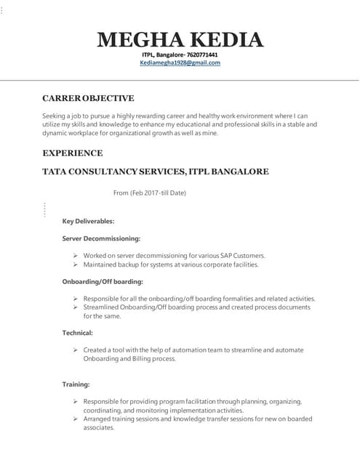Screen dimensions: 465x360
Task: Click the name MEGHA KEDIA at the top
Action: point(180,39)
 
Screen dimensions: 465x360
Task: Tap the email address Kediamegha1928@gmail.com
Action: point(180,63)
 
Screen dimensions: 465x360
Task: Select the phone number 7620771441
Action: point(202,54)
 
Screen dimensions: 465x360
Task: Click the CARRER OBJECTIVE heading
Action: point(88,98)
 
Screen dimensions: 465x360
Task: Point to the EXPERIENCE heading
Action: point(72,153)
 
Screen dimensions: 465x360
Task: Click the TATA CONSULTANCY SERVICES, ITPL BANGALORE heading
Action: point(155,172)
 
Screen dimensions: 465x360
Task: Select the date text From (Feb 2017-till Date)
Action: point(150,193)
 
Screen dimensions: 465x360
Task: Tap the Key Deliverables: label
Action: point(88,221)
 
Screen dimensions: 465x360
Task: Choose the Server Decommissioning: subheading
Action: point(101,238)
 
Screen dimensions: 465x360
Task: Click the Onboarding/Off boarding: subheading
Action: point(103,281)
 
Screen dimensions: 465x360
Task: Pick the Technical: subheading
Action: point(78,333)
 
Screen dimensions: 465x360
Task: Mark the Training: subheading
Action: point(76,384)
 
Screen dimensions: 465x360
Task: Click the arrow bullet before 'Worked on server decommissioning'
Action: point(76,256)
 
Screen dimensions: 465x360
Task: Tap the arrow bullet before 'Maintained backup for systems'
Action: point(76,264)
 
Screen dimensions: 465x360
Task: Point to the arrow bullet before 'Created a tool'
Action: point(76,350)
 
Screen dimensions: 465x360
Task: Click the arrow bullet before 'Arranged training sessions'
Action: point(76,419)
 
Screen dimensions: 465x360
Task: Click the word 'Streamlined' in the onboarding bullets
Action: point(102,307)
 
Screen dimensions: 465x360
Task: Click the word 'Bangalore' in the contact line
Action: point(167,54)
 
